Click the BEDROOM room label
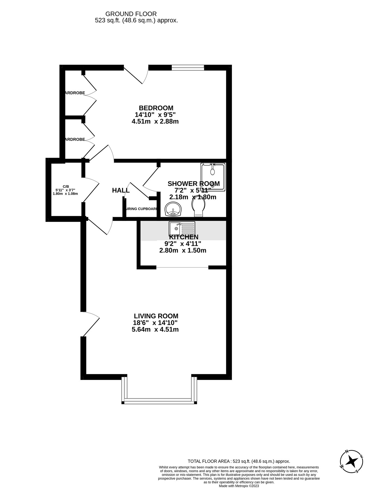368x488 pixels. point(156,108)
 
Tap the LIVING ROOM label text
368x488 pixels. point(156,316)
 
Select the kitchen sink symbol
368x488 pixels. point(182,229)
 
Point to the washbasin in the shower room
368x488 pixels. point(173,209)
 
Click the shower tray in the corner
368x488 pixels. point(213,177)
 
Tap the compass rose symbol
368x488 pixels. point(351,462)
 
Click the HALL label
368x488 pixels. point(121,190)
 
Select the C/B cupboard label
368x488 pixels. point(66,186)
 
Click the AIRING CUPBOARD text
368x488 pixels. point(141,209)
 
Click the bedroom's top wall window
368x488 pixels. point(188,67)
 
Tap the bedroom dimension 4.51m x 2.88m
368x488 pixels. point(155,121)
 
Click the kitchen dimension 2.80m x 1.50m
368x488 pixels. point(183,250)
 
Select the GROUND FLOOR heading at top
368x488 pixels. point(131,14)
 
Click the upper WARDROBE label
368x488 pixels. point(75,93)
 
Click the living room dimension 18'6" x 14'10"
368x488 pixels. point(155,323)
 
